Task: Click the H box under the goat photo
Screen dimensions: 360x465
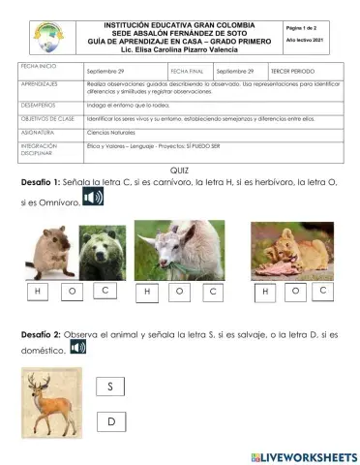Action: tap(146, 291)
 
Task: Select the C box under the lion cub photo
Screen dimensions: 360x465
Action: tap(322, 290)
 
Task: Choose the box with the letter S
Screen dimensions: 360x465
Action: tap(111, 387)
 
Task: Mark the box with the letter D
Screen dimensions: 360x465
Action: tap(111, 421)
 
